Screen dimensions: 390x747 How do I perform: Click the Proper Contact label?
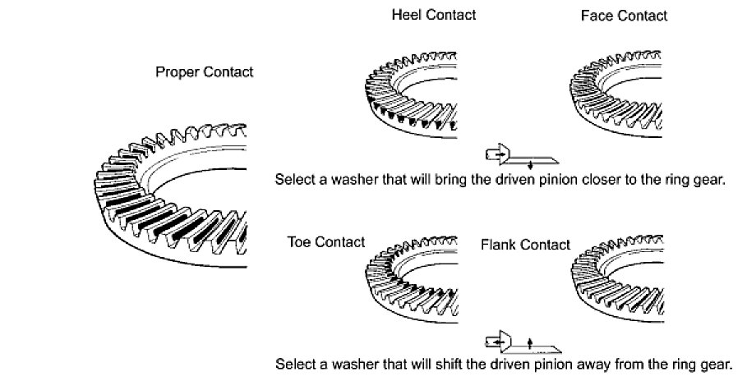click(x=204, y=72)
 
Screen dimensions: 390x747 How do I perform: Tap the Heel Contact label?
click(x=433, y=15)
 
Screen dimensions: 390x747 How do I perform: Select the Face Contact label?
click(x=624, y=16)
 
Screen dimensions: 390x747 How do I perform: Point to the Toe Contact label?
click(x=326, y=242)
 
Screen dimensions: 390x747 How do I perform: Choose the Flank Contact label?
click(x=526, y=245)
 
